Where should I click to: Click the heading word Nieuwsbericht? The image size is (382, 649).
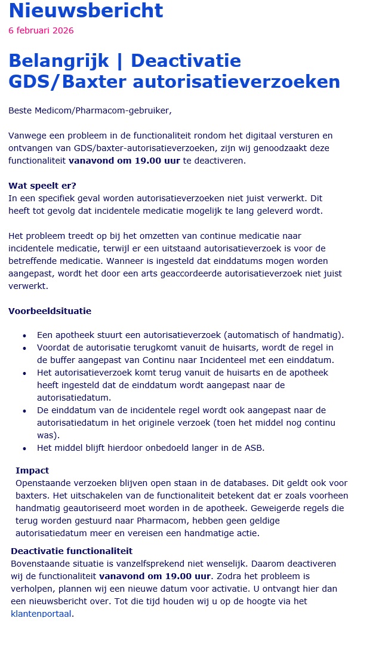point(86,10)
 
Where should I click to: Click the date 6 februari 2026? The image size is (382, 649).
point(41,30)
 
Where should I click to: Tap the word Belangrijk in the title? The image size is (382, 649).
point(58,60)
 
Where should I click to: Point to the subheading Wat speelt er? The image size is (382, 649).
point(42,186)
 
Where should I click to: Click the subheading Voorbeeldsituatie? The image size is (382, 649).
point(50,311)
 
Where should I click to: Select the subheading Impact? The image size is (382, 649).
point(32,470)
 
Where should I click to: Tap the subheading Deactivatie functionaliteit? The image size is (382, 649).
point(72,551)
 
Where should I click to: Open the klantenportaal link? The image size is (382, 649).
point(41,613)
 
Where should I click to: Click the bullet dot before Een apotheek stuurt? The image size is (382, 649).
point(24,336)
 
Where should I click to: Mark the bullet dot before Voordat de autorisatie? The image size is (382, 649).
point(24,349)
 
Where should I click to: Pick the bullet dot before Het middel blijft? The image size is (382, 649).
point(24,448)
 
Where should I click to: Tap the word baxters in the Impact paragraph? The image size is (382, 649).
point(34,496)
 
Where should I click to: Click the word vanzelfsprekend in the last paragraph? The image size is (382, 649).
point(162,564)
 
